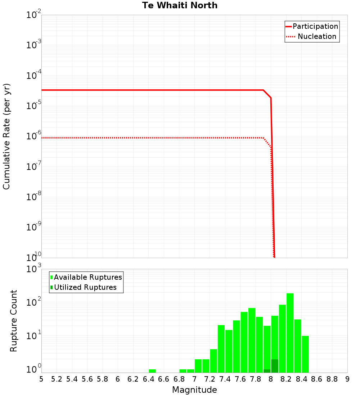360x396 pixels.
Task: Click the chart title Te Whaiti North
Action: click(180, 5)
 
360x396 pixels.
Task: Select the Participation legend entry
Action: click(315, 26)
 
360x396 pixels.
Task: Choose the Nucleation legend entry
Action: click(316, 36)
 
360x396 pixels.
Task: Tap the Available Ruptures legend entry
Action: click(87, 277)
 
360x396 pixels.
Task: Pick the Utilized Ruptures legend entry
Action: click(85, 287)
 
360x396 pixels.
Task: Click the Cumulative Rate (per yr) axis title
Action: click(6, 136)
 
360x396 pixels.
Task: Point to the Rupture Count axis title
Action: click(14, 321)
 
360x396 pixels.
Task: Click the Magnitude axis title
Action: click(194, 390)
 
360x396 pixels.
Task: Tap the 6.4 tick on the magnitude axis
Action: click(148, 379)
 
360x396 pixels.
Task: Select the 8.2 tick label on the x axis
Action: click(286, 379)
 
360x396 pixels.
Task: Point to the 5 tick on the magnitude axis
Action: click(41, 379)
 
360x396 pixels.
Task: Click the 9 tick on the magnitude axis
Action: click(347, 379)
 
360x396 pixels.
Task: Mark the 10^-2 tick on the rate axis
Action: click(33, 15)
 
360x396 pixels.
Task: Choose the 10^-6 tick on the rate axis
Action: click(33, 136)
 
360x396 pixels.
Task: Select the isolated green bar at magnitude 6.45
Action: click(152, 371)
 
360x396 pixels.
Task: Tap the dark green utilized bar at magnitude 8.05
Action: click(275, 366)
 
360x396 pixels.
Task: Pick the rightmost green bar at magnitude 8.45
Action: click(305, 354)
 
